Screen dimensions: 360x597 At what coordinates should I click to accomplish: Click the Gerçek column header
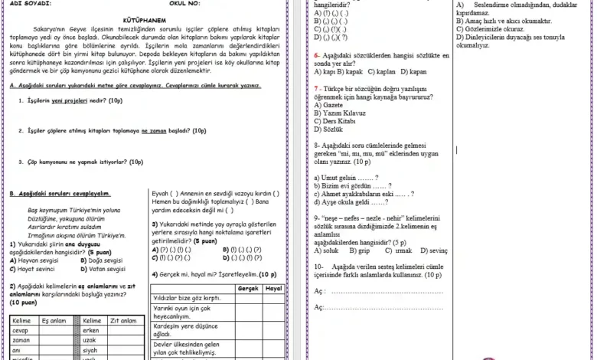[248, 288]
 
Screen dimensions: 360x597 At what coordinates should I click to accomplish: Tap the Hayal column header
[272, 288]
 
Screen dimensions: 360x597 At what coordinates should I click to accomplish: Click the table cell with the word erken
[91, 329]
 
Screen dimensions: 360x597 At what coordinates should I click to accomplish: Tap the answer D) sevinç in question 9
[431, 250]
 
